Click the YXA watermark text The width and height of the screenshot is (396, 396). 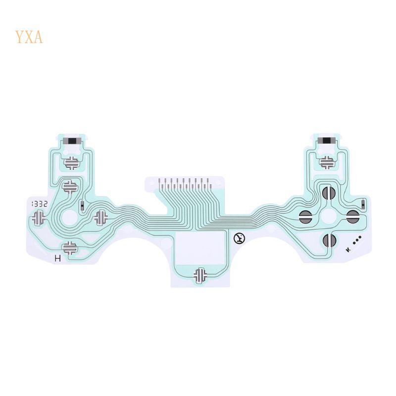(x=29, y=37)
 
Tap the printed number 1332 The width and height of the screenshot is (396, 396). (x=39, y=203)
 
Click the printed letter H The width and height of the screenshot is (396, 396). (x=58, y=258)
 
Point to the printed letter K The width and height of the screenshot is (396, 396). (x=348, y=249)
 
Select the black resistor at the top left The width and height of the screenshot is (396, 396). (x=72, y=141)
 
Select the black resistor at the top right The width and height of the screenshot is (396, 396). (x=326, y=141)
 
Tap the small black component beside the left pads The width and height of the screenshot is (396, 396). (x=82, y=205)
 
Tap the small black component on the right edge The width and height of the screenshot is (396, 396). (x=363, y=203)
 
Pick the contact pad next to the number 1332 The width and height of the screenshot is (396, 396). (x=39, y=217)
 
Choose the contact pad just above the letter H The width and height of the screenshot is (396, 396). (x=70, y=247)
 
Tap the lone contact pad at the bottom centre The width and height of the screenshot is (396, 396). (x=200, y=275)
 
